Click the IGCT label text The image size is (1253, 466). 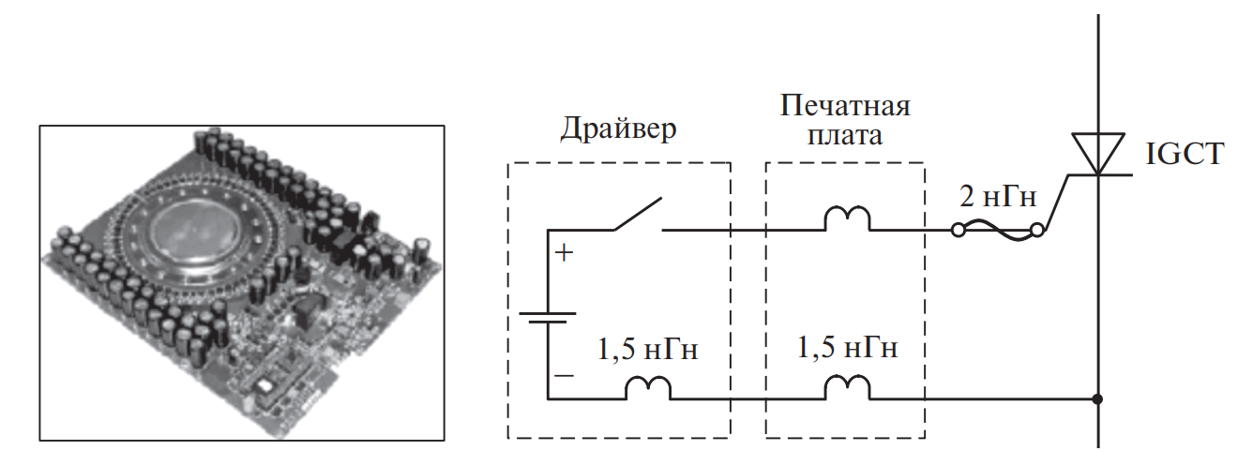(1185, 153)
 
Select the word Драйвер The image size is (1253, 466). (617, 128)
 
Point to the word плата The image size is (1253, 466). (844, 135)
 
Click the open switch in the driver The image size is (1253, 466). (639, 215)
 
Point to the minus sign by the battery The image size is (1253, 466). (564, 375)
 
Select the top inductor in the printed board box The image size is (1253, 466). (847, 219)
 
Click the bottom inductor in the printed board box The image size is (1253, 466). (847, 387)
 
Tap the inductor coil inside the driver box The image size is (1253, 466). (648, 387)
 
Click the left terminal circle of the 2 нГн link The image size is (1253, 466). (959, 230)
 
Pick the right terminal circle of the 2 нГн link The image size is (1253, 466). (1037, 230)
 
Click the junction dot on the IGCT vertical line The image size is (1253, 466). (1098, 398)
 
